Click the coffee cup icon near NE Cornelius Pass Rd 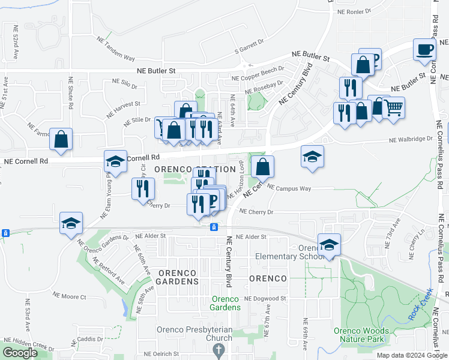(x=424, y=49)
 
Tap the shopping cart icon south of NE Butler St (x=393, y=109)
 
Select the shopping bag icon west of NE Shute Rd (x=61, y=139)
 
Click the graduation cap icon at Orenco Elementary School (x=329, y=245)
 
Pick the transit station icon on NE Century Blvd (x=213, y=227)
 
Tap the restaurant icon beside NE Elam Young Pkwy (x=142, y=188)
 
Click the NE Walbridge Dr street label (x=411, y=139)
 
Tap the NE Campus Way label (x=289, y=188)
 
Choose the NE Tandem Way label (x=116, y=49)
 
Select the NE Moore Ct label (x=70, y=296)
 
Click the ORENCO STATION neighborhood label (x=194, y=170)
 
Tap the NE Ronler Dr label (x=355, y=11)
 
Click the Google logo (x=20, y=353)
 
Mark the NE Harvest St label (x=122, y=108)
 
